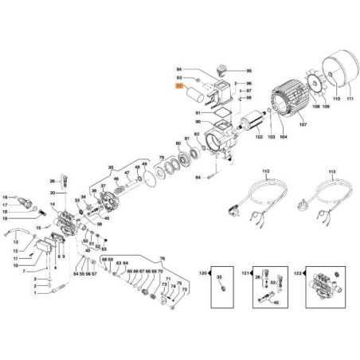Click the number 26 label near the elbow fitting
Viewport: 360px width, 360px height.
[53, 181]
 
